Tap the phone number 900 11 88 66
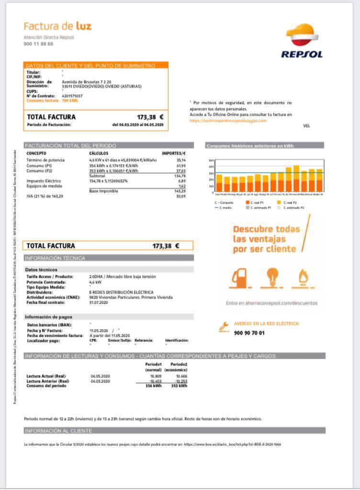[x=38, y=44]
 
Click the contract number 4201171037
[x=72, y=96]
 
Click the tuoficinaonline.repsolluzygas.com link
[x=228, y=121]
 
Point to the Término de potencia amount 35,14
[x=181, y=160]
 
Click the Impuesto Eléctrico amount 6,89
[x=182, y=181]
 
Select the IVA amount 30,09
[x=181, y=196]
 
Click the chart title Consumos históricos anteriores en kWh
[x=250, y=146]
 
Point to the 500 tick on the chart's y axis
[x=211, y=161]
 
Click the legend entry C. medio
[x=226, y=208]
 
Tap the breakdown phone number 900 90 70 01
[x=249, y=333]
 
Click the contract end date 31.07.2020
[x=99, y=302]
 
